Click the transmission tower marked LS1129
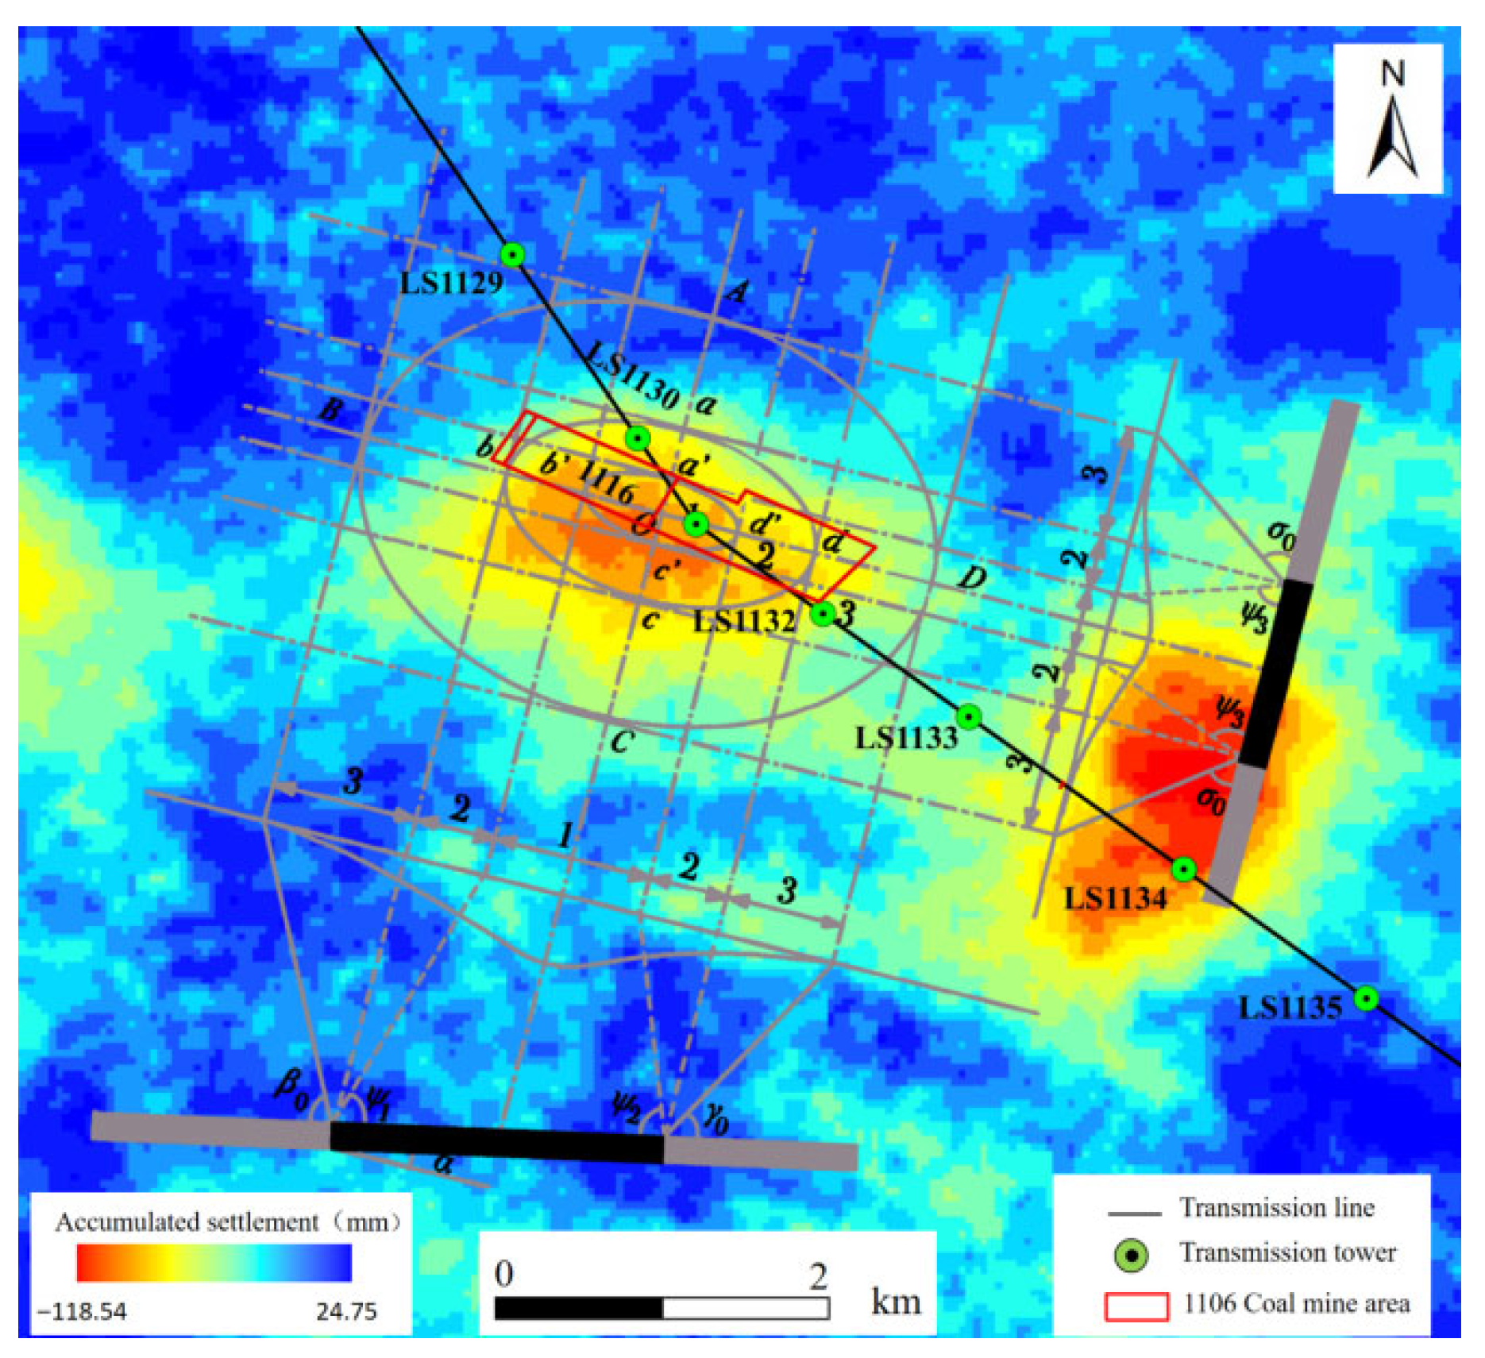(513, 255)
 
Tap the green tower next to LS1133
(968, 717)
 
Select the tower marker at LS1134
(1183, 870)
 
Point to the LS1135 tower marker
(1366, 998)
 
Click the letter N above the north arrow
(1392, 74)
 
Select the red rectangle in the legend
(1136, 1306)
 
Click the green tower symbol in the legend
(1132, 1256)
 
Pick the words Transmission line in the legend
(1277, 1208)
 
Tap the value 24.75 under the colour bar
(346, 1311)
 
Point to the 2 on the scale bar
(819, 1276)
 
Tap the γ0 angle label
(715, 1120)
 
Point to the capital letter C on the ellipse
(622, 741)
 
